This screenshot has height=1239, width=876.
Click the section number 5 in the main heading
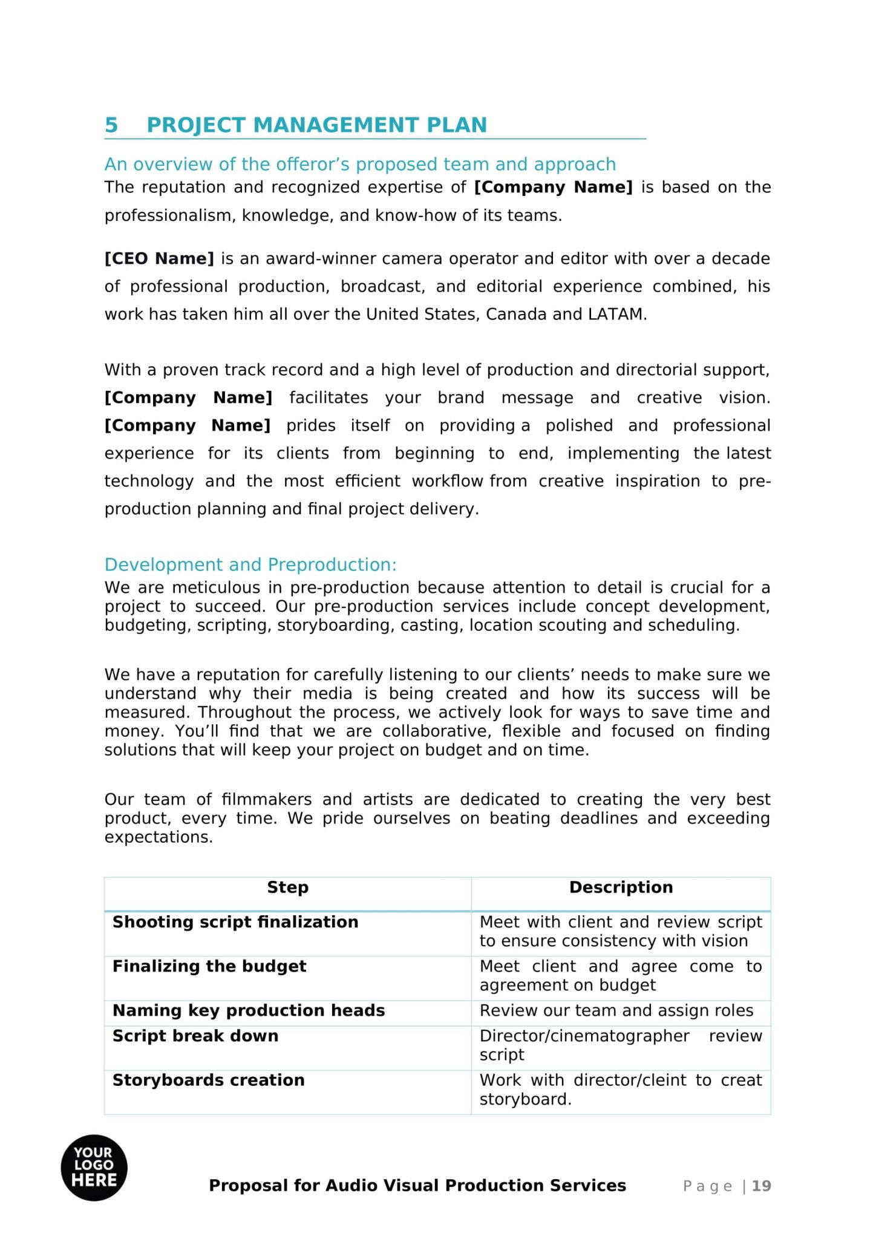[x=111, y=125]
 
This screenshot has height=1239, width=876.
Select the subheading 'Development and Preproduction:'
[x=250, y=564]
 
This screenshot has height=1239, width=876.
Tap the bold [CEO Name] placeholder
[x=159, y=259]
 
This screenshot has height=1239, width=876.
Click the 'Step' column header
[x=287, y=888]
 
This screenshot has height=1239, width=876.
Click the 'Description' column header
[x=621, y=888]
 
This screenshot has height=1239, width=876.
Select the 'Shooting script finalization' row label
[x=235, y=922]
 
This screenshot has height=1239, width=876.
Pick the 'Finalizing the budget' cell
[x=209, y=966]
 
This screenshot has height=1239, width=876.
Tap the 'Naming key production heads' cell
[x=249, y=1010]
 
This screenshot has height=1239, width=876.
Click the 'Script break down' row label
[x=195, y=1036]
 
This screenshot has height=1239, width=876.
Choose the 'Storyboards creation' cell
[x=209, y=1080]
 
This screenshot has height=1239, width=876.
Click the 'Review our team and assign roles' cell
[x=616, y=1010]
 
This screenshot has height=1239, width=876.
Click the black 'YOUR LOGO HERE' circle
[x=94, y=1167]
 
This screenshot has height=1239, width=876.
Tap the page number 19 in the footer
[x=762, y=1186]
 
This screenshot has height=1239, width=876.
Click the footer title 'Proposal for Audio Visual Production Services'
[x=417, y=1185]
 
